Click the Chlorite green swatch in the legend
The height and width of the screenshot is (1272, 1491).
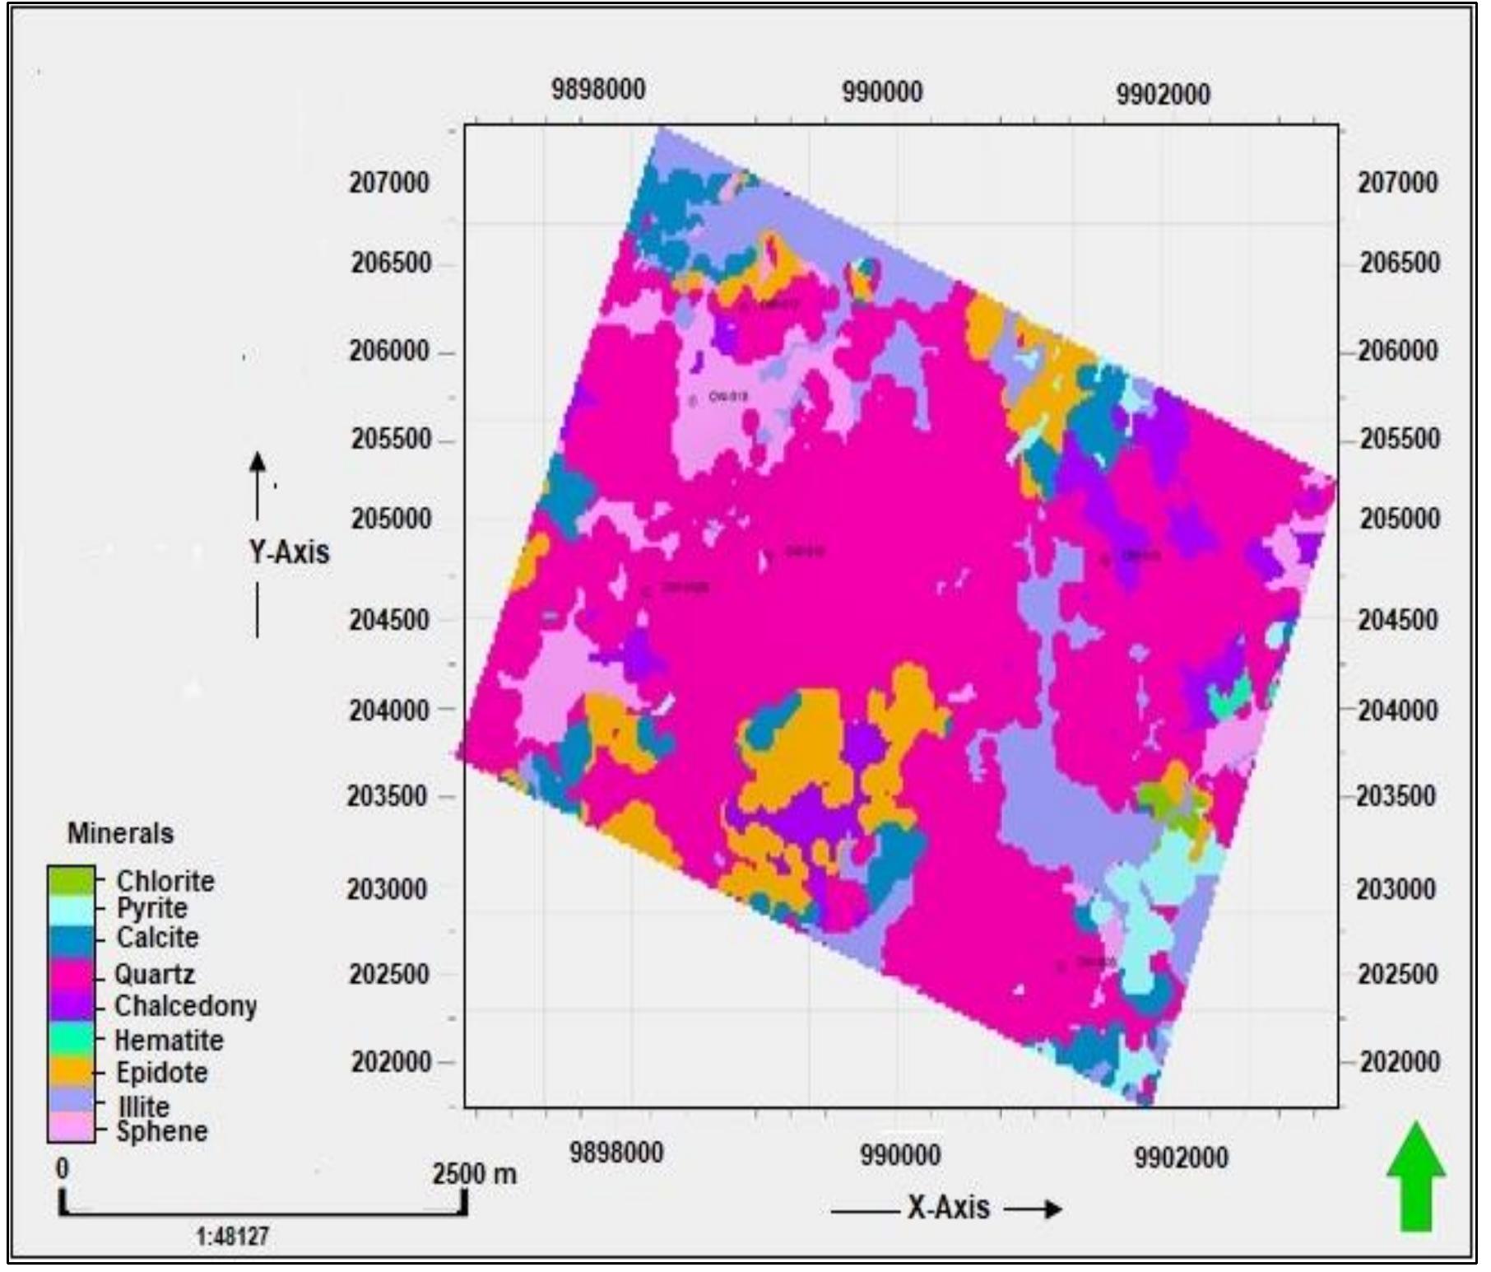tap(71, 881)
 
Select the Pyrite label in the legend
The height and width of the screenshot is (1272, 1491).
tap(151, 908)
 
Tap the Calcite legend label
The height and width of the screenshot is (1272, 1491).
tap(157, 937)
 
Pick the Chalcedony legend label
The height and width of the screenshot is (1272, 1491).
tap(185, 1005)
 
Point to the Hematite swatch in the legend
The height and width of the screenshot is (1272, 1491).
tap(71, 1040)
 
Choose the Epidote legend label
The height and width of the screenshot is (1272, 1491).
tap(161, 1073)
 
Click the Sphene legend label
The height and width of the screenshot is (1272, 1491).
tap(161, 1131)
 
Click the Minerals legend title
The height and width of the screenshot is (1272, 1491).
tap(120, 833)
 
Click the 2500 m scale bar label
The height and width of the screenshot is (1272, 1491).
tap(475, 1173)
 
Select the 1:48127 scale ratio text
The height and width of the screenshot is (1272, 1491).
tap(233, 1237)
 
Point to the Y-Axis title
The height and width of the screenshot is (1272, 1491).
tap(289, 552)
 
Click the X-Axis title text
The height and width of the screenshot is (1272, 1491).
tap(948, 1208)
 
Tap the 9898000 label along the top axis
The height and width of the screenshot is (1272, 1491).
tap(598, 89)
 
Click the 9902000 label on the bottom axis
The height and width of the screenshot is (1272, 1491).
tap(1181, 1157)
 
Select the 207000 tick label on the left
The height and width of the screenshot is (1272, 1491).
tap(389, 182)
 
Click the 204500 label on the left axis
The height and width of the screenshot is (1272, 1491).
tap(389, 619)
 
